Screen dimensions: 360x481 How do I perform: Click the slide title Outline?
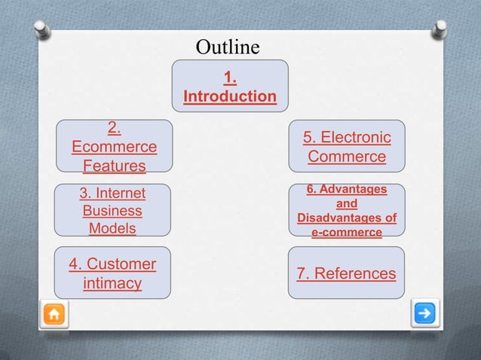[228, 48]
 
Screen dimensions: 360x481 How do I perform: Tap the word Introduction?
[230, 97]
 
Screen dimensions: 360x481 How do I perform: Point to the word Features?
[114, 166]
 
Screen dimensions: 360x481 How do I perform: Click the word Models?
[112, 227]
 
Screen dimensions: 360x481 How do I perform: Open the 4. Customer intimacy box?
[112, 273]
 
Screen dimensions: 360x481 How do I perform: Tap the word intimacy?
[112, 284]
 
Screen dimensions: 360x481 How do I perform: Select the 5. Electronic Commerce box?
[346, 148]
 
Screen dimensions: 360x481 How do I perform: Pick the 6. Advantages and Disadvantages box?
[346, 211]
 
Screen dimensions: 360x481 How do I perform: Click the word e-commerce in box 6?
[346, 233]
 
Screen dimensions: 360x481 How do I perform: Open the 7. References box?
[346, 273]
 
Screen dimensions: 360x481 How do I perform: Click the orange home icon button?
[55, 313]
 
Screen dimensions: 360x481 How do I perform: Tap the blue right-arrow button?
[424, 313]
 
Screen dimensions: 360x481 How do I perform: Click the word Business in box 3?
[112, 211]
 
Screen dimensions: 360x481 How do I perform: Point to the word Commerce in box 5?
[347, 157]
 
